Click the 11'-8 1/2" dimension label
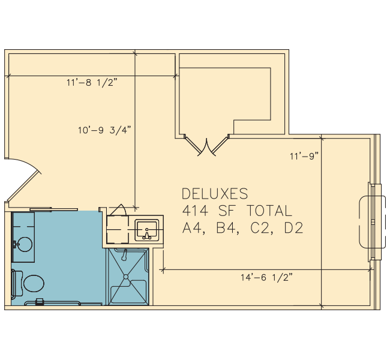coord(92,82)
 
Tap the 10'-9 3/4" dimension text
coord(104,130)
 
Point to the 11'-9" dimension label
coord(304,156)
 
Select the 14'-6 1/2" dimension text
coord(266,277)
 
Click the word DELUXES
coord(215,194)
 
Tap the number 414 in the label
coord(195,211)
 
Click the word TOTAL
coord(269,211)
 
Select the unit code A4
coord(192,228)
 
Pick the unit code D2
coord(294,228)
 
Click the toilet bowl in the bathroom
coord(34,283)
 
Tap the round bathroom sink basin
coord(25,244)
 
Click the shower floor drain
coord(126,277)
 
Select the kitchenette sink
coord(147,230)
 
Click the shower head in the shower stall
coord(124,256)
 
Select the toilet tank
coord(16,283)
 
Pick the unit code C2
coord(260,228)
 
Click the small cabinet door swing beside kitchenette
coord(119,210)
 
